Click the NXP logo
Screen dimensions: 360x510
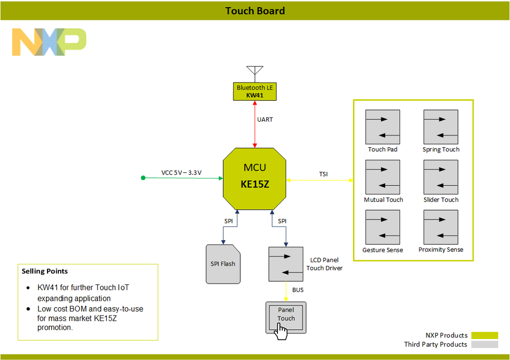pos(49,42)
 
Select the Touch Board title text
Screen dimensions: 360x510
pos(255,11)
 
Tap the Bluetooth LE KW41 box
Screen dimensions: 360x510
pos(254,91)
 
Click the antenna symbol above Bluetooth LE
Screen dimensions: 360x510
pos(254,72)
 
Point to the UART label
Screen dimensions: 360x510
pos(265,120)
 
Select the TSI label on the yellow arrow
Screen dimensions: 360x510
pos(323,174)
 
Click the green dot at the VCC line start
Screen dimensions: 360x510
pos(144,178)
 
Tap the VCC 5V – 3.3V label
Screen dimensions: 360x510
pos(181,172)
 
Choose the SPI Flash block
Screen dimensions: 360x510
pos(223,264)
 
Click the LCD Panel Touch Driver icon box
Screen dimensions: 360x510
pos(286,264)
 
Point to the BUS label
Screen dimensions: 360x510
pos(298,290)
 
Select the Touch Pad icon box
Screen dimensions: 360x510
pos(383,127)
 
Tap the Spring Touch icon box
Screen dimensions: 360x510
pos(441,127)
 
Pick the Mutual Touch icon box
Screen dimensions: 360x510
pos(383,177)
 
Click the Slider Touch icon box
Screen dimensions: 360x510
pos(441,177)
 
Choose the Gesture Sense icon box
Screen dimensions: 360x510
pos(383,227)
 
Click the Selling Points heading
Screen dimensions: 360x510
pos(45,271)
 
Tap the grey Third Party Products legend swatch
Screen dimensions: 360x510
pos(484,345)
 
